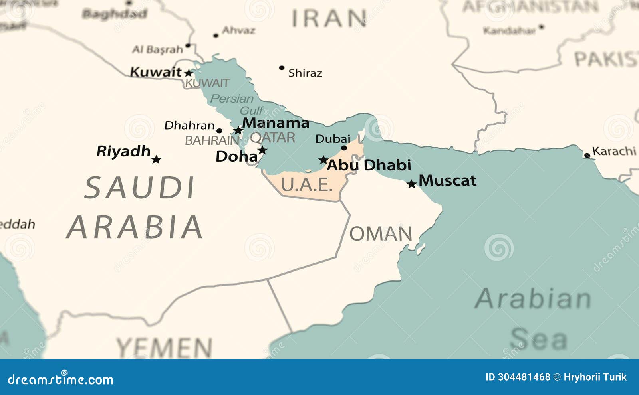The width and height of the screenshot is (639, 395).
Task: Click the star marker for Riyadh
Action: pyautogui.click(x=156, y=160)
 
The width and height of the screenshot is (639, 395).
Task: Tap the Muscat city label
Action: pyautogui.click(x=447, y=180)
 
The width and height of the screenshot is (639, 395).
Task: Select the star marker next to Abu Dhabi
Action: pyautogui.click(x=323, y=160)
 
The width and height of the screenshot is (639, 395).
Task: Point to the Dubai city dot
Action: pyautogui.click(x=344, y=148)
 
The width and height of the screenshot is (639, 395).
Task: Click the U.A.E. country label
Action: pyautogui.click(x=307, y=184)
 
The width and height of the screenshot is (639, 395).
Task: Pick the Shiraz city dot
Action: pyautogui.click(x=282, y=68)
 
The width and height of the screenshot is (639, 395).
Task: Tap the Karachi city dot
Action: pyautogui.click(x=587, y=156)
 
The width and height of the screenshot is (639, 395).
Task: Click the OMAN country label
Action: pyautogui.click(x=381, y=234)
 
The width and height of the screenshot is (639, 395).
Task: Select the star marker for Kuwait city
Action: pyautogui.click(x=189, y=73)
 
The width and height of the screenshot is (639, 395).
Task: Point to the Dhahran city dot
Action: pyautogui.click(x=219, y=130)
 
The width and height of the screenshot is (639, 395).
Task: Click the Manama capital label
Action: pyautogui.click(x=276, y=123)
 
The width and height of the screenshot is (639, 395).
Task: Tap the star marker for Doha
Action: pyautogui.click(x=262, y=150)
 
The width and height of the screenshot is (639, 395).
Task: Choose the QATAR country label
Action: pyautogui.click(x=273, y=138)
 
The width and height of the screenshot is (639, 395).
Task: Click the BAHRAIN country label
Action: pyautogui.click(x=212, y=140)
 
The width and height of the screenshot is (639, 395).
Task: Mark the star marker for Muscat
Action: pyautogui.click(x=411, y=184)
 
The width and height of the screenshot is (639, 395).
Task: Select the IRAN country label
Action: pyautogui.click(x=329, y=18)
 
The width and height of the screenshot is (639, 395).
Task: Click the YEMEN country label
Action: pyautogui.click(x=164, y=347)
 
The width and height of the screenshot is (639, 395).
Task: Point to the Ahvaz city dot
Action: pyautogui.click(x=216, y=36)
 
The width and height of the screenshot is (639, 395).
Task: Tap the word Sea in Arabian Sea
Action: pyautogui.click(x=538, y=339)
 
